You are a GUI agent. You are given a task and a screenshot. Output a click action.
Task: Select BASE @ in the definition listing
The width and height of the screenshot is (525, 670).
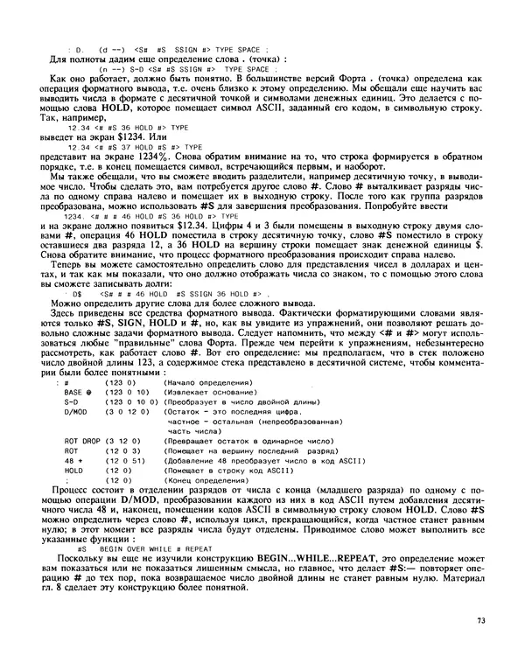click(78, 392)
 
